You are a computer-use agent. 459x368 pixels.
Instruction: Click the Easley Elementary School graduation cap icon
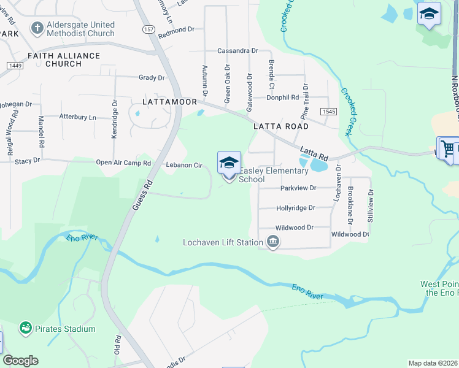click(x=229, y=163)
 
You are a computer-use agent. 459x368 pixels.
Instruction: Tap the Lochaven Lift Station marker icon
click(x=273, y=242)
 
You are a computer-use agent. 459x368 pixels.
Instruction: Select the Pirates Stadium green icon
click(x=26, y=329)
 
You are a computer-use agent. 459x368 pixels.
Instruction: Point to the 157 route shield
click(x=148, y=29)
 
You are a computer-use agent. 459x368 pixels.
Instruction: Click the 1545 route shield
click(x=328, y=111)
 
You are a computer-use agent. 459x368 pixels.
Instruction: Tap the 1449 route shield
click(x=15, y=65)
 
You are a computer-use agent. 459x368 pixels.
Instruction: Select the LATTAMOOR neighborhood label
click(x=169, y=101)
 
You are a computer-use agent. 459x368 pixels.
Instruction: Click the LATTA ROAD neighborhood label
click(x=281, y=126)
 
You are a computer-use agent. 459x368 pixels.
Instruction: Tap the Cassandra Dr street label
click(x=237, y=51)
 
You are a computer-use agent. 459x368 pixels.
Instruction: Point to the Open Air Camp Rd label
click(x=123, y=163)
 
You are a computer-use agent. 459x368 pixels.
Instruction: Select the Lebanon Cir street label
click(x=184, y=165)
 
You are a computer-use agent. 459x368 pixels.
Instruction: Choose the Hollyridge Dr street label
click(x=295, y=208)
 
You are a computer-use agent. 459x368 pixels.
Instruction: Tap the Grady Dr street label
click(x=152, y=78)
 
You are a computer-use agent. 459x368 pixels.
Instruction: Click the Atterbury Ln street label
click(x=78, y=117)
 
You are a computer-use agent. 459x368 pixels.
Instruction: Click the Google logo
click(x=20, y=361)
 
